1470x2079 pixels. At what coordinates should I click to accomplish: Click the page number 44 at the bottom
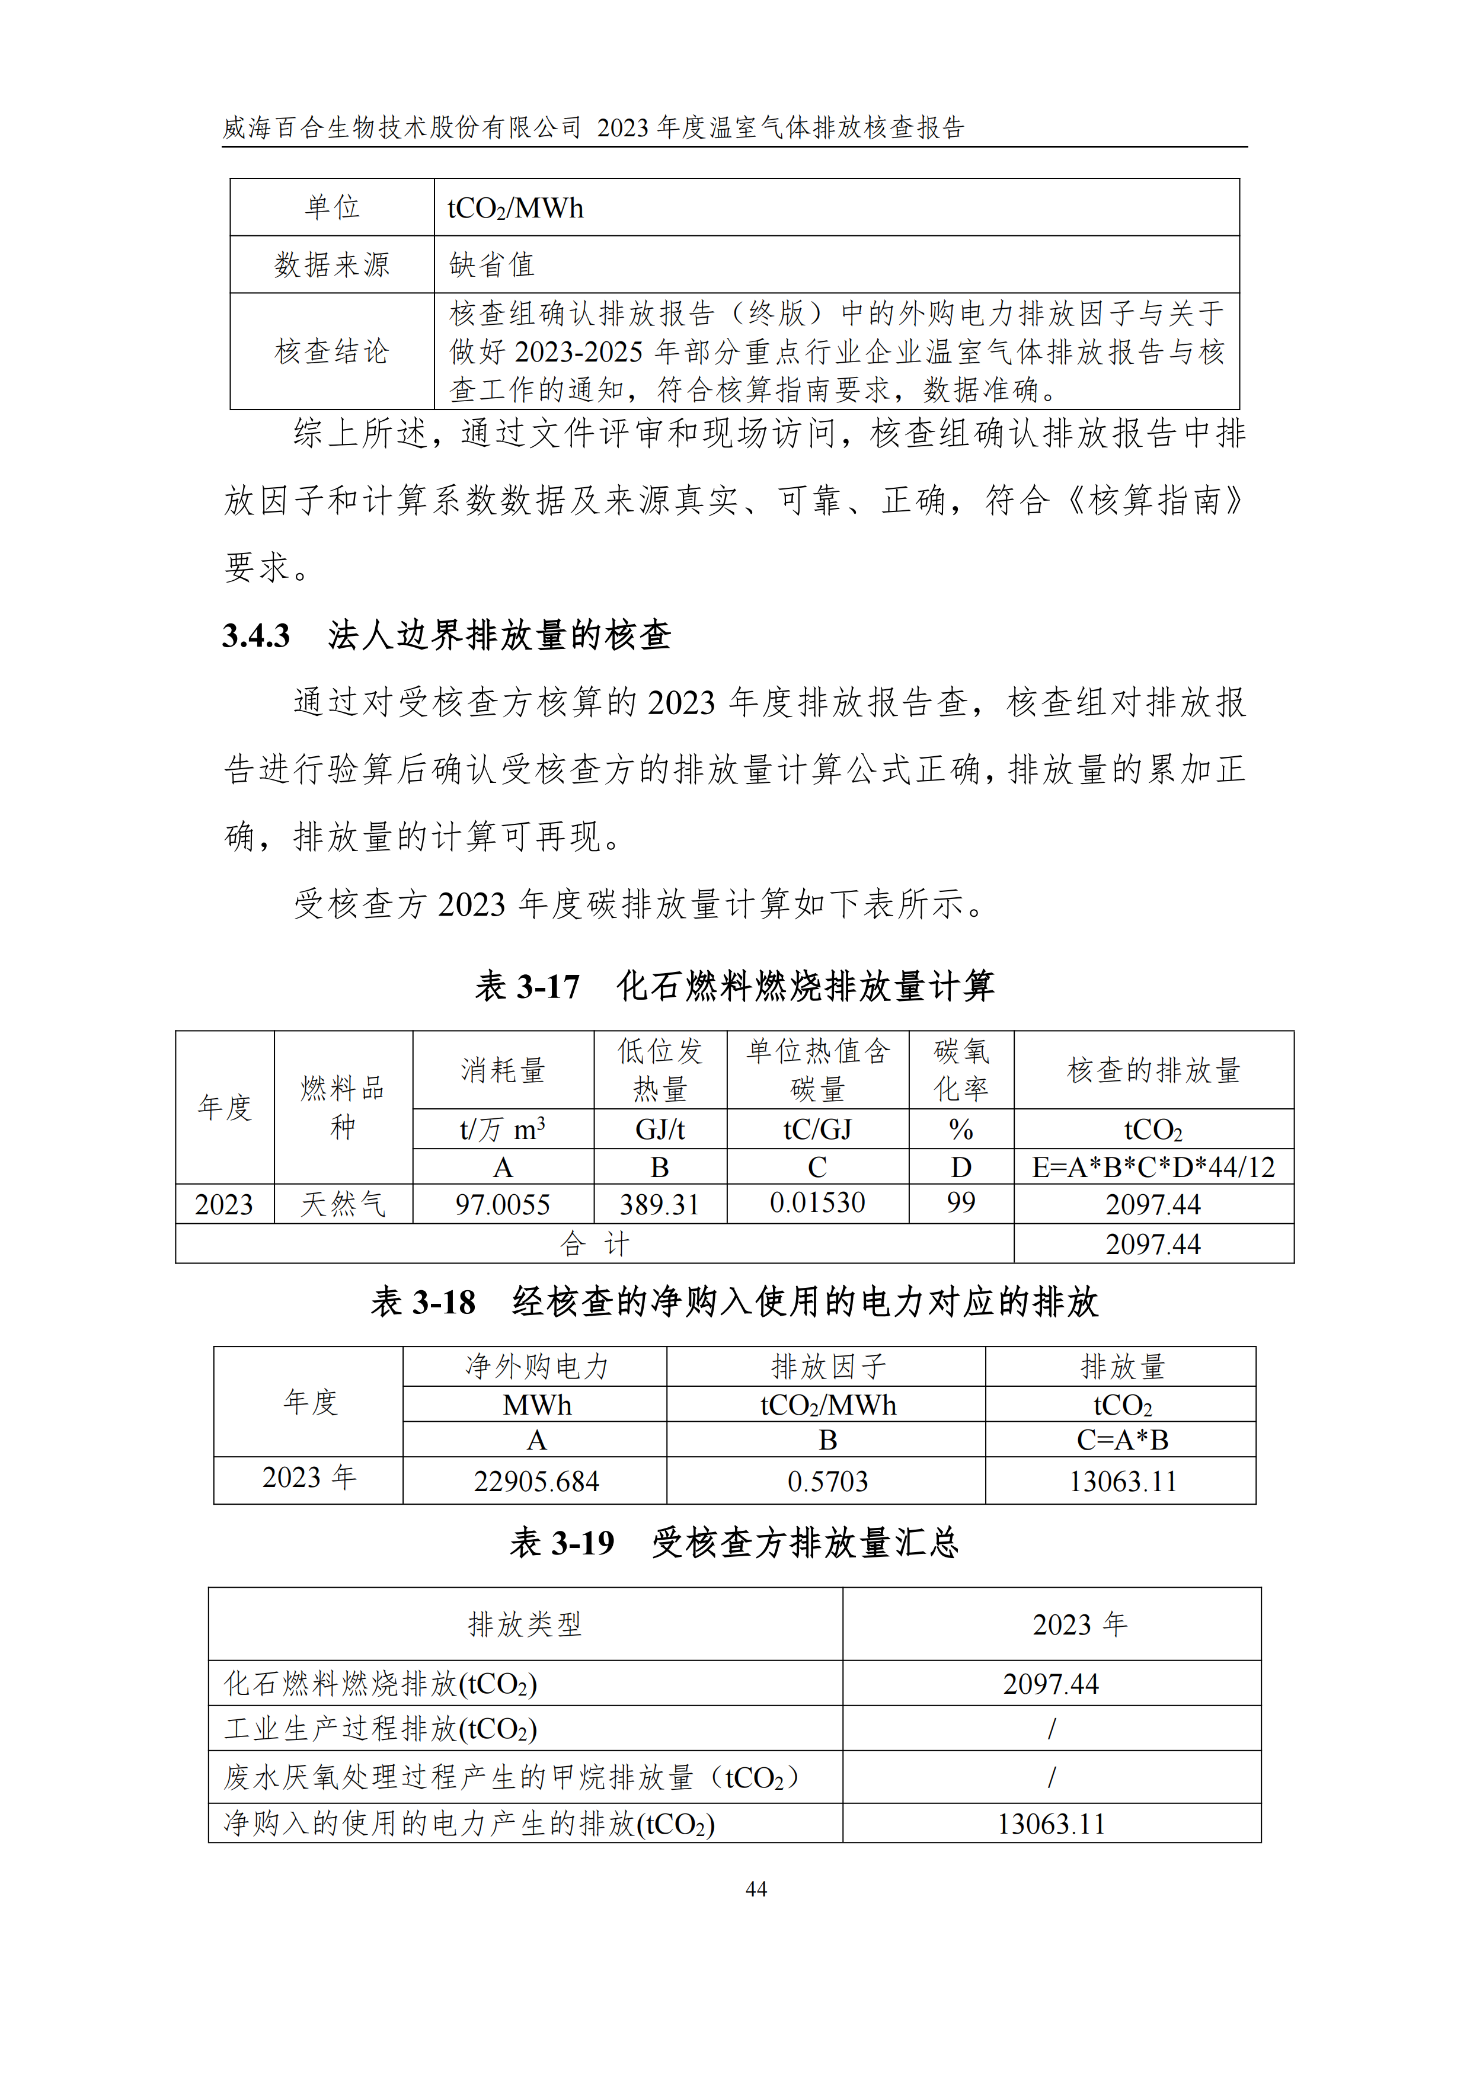point(755,1889)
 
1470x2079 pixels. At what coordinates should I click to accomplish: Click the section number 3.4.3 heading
point(256,636)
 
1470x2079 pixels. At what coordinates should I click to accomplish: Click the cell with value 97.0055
point(503,1204)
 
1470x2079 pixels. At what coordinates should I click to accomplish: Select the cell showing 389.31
point(659,1204)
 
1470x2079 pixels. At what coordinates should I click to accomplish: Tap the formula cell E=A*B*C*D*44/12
point(1153,1167)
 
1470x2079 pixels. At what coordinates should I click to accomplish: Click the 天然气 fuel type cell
point(343,1204)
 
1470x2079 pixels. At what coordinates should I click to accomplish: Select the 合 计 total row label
point(594,1244)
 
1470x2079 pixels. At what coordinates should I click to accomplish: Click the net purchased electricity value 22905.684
point(536,1482)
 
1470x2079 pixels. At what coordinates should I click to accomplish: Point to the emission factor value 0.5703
point(827,1482)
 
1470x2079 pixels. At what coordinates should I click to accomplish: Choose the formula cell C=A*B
point(1121,1440)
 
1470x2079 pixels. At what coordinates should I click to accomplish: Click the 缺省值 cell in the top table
point(492,264)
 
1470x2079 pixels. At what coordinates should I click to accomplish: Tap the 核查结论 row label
point(331,351)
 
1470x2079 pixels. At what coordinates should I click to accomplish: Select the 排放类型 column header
point(525,1623)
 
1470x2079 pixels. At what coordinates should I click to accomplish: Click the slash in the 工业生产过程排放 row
point(1051,1729)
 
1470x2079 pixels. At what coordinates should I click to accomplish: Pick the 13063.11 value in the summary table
point(1051,1824)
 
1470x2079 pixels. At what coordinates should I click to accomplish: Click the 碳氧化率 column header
point(961,1069)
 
